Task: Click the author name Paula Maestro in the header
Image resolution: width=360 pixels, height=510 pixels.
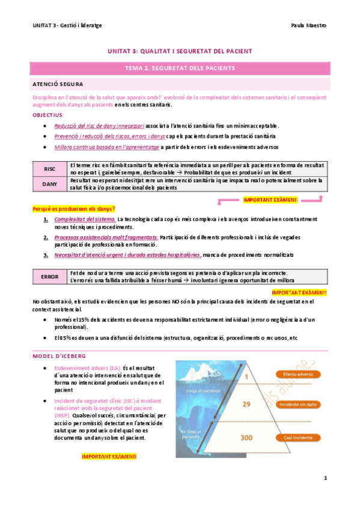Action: [308, 25]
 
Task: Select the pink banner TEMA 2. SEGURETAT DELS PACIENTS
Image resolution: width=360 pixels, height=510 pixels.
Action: [180, 69]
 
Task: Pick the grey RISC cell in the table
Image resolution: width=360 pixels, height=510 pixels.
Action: [49, 169]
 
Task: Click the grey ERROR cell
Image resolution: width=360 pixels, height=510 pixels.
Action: [49, 277]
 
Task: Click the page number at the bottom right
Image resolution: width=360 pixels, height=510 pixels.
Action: [325, 479]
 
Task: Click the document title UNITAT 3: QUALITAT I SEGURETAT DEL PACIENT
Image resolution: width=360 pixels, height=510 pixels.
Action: [180, 52]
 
